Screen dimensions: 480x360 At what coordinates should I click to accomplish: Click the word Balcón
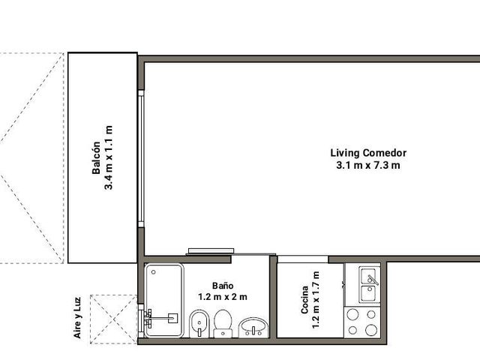pos(96,157)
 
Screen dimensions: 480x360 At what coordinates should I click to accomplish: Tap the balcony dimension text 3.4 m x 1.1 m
pos(109,157)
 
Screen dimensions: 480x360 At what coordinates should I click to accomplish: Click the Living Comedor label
pos(368,153)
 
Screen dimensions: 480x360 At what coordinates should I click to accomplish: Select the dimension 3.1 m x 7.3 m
pos(368,165)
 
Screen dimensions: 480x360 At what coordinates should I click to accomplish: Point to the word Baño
pos(223,286)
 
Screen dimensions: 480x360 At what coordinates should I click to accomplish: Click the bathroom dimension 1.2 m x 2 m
pos(223,297)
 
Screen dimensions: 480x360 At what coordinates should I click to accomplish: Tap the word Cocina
pos(304,300)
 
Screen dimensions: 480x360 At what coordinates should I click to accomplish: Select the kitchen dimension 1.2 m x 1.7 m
pos(316,300)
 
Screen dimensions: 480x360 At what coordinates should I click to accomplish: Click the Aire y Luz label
pos(78,318)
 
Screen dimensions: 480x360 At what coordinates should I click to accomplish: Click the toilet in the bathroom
pos(223,323)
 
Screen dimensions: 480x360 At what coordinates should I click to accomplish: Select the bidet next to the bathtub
pos(199,324)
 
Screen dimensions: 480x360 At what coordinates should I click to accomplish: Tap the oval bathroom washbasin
pos(253,328)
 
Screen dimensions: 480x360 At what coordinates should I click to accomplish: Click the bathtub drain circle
pos(153,272)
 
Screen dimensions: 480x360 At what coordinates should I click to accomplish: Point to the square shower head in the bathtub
pos(173,318)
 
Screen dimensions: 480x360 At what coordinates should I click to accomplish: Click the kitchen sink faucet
pos(373,280)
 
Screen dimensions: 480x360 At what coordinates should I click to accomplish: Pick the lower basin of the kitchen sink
pos(369,293)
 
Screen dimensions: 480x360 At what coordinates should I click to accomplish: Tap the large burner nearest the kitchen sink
pos(353,314)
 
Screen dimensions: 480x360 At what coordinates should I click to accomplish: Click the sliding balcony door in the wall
pos(141,158)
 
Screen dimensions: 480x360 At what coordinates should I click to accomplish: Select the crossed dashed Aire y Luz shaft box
pos(113,319)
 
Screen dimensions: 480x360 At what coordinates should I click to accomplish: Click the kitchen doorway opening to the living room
pos(303,259)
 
